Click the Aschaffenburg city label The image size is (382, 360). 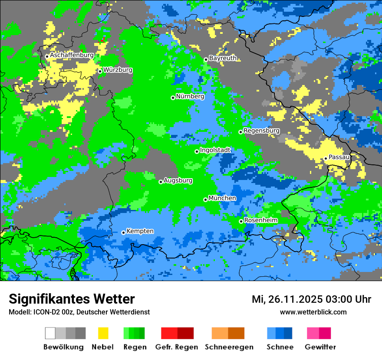72,56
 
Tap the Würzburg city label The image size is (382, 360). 118,70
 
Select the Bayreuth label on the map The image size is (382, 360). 223,58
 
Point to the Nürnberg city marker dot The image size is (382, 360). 173,98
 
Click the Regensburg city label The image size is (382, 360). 261,131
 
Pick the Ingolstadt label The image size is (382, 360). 215,150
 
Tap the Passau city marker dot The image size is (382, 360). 326,158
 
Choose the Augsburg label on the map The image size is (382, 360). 178,180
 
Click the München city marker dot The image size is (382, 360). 205,200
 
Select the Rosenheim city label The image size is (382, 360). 261,220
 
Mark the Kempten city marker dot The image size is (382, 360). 123,232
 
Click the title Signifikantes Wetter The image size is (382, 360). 72,299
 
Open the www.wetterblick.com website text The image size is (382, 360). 313,312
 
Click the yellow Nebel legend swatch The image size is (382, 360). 103,333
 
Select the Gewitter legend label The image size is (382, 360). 320,347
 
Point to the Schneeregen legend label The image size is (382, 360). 229,347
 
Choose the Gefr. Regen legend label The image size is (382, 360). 177,347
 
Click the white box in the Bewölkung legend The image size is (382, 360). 50,333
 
